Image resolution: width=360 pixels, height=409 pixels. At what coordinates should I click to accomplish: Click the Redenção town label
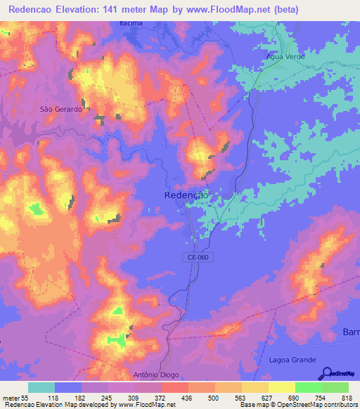coord(186,195)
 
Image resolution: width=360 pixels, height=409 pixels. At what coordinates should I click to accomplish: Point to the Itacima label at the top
coord(130,23)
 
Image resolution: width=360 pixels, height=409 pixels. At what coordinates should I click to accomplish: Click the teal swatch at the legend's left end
coord(41,388)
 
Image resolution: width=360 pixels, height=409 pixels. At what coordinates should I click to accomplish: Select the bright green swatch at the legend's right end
coord(335,388)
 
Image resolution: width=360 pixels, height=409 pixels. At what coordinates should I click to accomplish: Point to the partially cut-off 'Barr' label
coord(350,331)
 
